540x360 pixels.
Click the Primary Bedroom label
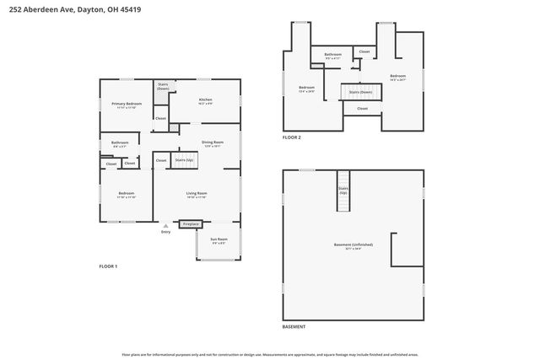point(127,104)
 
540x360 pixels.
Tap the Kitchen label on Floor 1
point(205,99)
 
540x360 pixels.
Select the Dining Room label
point(213,142)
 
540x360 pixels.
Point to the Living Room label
point(197,194)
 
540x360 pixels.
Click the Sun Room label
point(219,239)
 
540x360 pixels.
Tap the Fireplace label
point(192,224)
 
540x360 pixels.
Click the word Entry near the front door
point(165,232)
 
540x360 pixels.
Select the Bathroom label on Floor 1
point(120,142)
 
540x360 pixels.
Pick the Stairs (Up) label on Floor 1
point(184,159)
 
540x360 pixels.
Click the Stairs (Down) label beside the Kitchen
point(162,85)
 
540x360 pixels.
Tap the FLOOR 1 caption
point(108,266)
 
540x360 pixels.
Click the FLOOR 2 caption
point(291,137)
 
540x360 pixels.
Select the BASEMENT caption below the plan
point(294,326)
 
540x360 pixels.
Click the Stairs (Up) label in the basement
point(343,191)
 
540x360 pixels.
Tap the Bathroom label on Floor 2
point(333,55)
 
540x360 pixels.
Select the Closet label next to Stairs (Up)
point(161,159)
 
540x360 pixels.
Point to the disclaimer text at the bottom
point(270,355)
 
